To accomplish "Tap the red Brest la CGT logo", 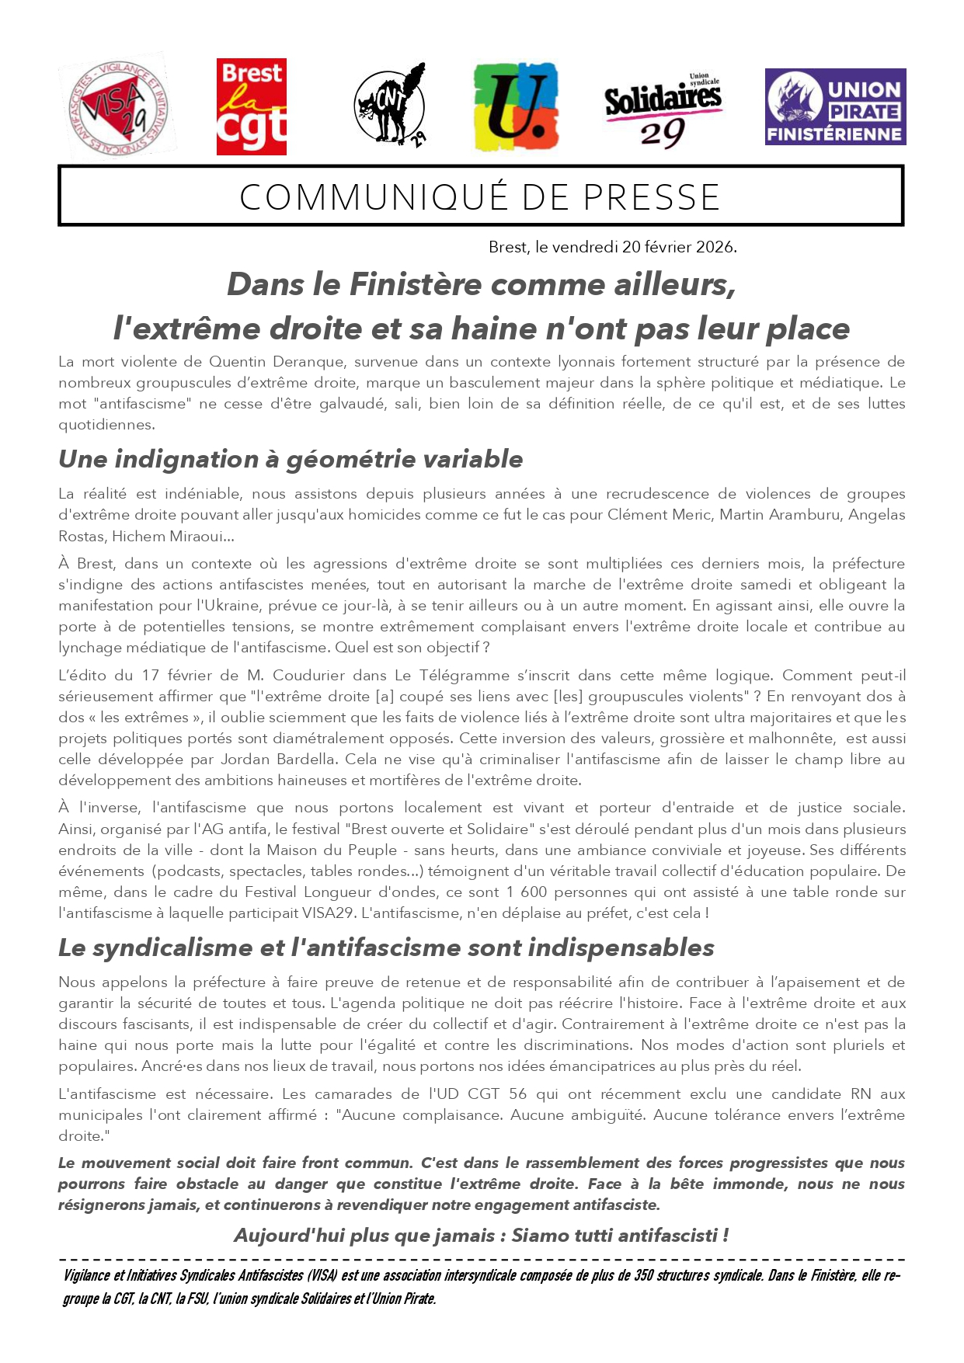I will click(x=251, y=107).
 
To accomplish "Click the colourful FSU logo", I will click(x=516, y=107).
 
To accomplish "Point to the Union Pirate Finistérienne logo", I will click(x=835, y=107).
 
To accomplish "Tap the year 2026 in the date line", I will click(x=715, y=247).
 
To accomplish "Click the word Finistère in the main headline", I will click(x=416, y=284).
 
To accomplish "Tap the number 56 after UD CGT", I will click(x=517, y=1094).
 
